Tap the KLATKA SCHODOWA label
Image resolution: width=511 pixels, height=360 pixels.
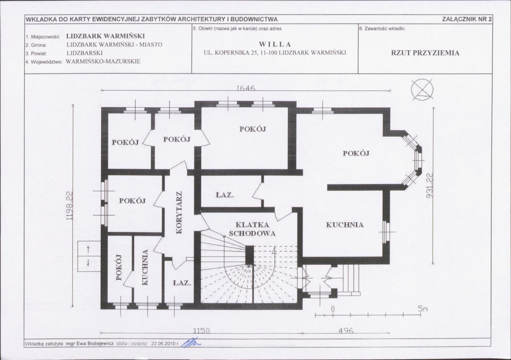[252, 229]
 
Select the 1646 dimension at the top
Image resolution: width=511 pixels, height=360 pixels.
[246, 88]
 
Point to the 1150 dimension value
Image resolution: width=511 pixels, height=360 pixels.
[202, 331]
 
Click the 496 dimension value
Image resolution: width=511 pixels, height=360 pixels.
[346, 331]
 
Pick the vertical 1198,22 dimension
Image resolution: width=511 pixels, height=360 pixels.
[69, 206]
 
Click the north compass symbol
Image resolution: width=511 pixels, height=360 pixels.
[422, 89]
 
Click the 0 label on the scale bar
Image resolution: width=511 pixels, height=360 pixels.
[333, 309]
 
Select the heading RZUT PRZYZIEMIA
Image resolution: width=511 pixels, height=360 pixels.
[425, 53]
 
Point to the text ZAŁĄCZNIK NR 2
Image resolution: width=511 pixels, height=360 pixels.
[467, 19]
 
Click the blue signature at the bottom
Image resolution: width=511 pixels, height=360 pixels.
[192, 343]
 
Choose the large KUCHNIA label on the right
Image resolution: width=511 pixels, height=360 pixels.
[345, 225]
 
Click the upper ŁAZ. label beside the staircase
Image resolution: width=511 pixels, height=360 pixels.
[225, 195]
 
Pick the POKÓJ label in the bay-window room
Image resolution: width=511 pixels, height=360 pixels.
[356, 153]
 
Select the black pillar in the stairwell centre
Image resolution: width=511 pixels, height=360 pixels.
[249, 256]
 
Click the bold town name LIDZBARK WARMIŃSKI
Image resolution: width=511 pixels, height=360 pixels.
[105, 36]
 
